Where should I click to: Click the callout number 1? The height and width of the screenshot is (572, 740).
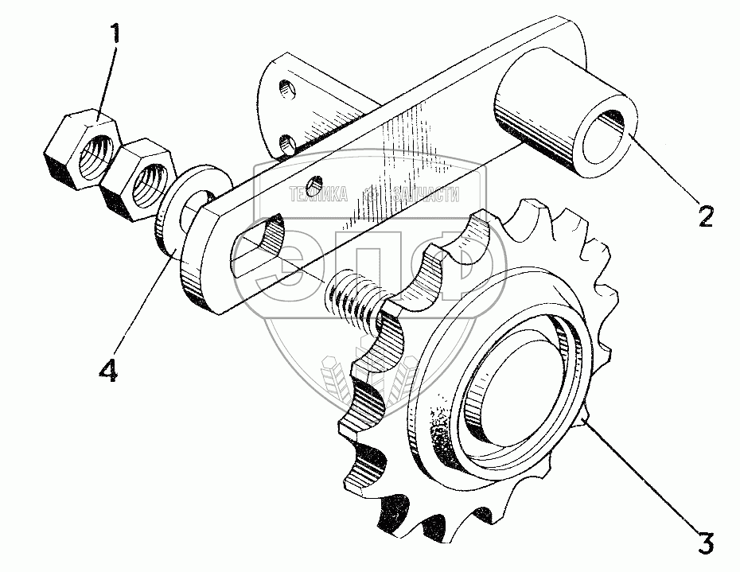[x=116, y=35]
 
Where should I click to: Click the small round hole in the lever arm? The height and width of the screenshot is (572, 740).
[x=317, y=185]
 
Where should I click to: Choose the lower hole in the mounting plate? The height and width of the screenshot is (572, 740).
[x=286, y=145]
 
